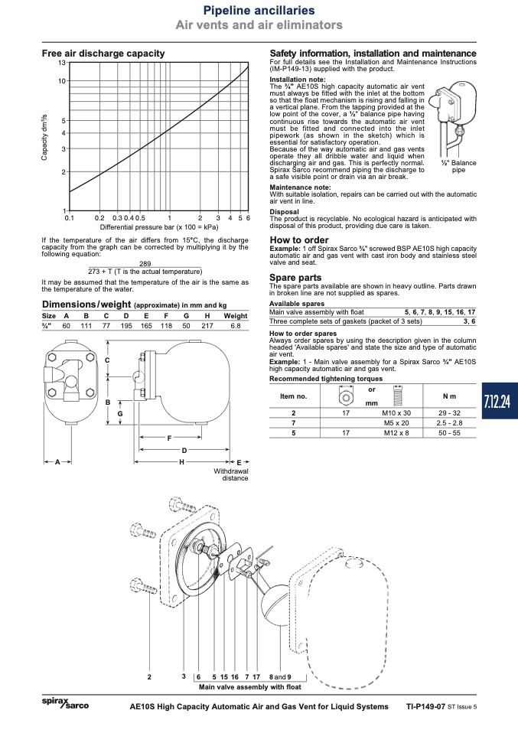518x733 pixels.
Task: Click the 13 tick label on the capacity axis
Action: pyautogui.click(x=62, y=63)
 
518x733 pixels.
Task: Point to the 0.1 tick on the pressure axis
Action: pyautogui.click(x=69, y=218)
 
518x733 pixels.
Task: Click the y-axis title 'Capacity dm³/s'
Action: pyautogui.click(x=44, y=137)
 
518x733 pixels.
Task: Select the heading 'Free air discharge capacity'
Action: pyautogui.click(x=103, y=54)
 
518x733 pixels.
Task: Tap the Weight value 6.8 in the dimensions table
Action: pyautogui.click(x=236, y=325)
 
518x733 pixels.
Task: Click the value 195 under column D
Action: pyautogui.click(x=126, y=325)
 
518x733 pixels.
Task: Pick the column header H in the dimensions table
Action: pyautogui.click(x=207, y=316)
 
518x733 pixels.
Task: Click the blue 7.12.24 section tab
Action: pyautogui.click(x=500, y=401)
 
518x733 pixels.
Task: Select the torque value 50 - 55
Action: pyautogui.click(x=449, y=433)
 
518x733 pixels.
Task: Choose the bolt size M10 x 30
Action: pyautogui.click(x=396, y=412)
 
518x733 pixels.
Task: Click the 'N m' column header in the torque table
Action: pyautogui.click(x=449, y=396)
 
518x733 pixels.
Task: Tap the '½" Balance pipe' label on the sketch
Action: pyautogui.click(x=458, y=167)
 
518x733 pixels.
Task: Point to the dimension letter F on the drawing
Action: pyautogui.click(x=169, y=438)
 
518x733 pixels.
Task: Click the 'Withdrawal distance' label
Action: pyautogui.click(x=231, y=474)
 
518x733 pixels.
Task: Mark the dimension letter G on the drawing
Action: pyautogui.click(x=120, y=414)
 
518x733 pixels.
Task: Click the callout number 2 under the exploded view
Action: pyautogui.click(x=149, y=677)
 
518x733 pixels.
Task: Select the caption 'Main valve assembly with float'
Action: pyautogui.click(x=250, y=687)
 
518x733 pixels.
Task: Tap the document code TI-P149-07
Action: pyautogui.click(x=425, y=706)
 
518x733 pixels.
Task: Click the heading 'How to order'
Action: pyautogui.click(x=299, y=239)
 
